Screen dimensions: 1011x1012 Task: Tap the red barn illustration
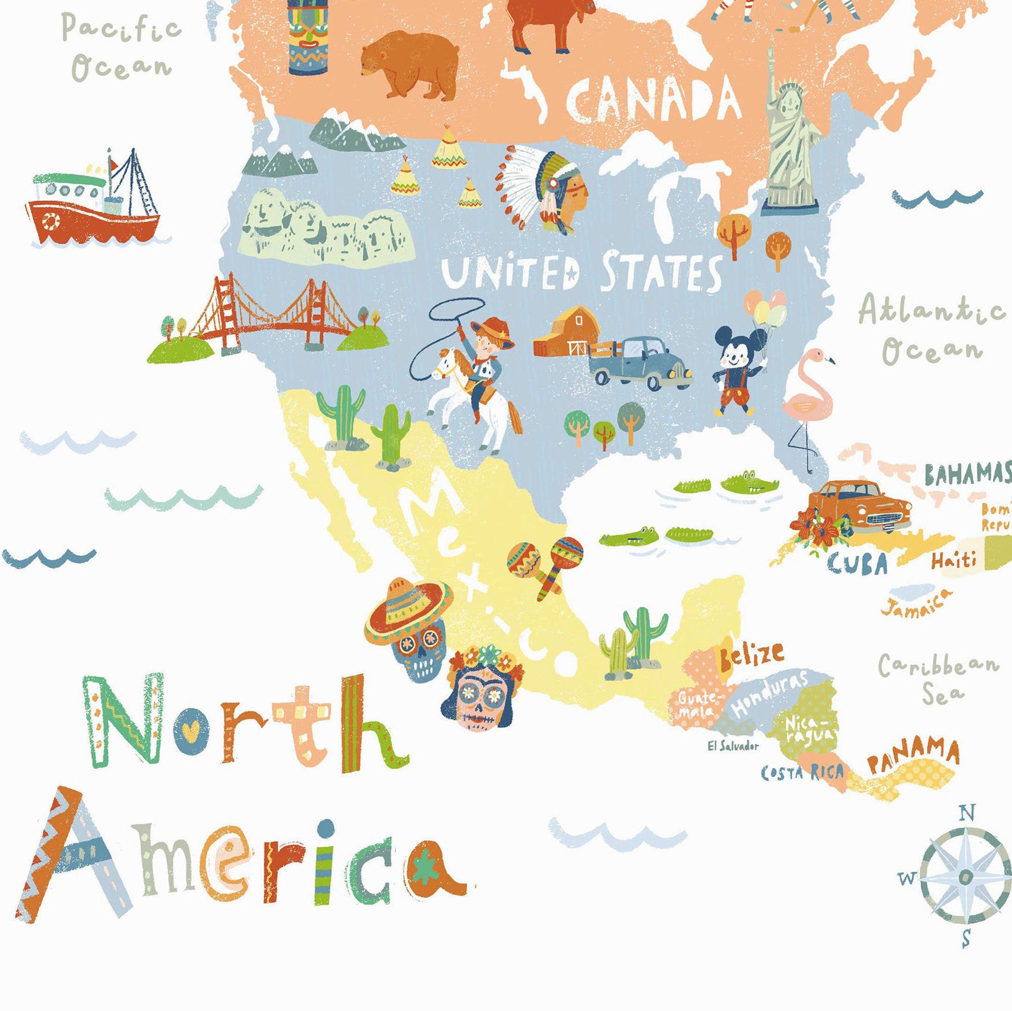567,331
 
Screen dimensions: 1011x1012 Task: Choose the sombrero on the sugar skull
408,609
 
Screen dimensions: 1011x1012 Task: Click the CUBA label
857,564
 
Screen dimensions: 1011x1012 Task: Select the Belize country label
751,655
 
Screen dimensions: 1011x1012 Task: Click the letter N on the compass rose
967,813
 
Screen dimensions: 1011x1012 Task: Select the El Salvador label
733,746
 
